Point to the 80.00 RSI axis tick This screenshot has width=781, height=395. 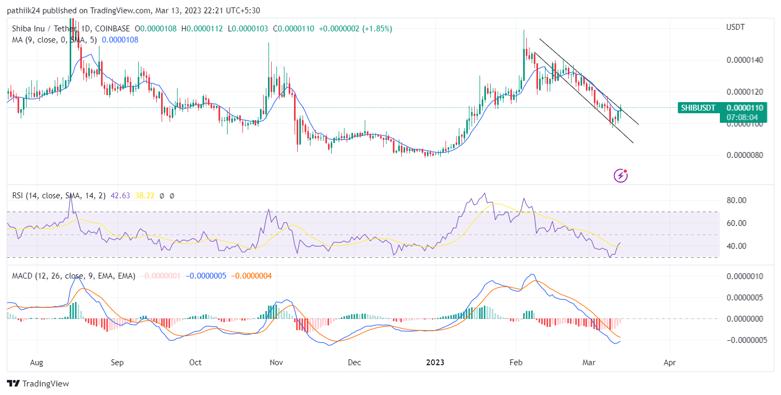(x=737, y=200)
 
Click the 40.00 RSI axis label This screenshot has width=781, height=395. (x=737, y=246)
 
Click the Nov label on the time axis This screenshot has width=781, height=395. (x=276, y=363)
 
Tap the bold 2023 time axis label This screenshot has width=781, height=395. (x=435, y=363)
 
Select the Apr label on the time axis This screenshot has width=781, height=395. (x=670, y=363)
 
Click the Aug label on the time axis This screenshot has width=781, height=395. (x=37, y=363)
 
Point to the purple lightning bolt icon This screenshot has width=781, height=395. (x=620, y=175)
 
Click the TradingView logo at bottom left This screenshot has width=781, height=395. (x=38, y=383)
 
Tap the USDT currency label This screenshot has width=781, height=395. (x=736, y=27)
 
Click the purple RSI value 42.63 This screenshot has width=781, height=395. (x=121, y=196)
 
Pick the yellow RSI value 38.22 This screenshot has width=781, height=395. (x=145, y=196)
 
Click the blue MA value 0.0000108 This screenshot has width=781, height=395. (x=120, y=40)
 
